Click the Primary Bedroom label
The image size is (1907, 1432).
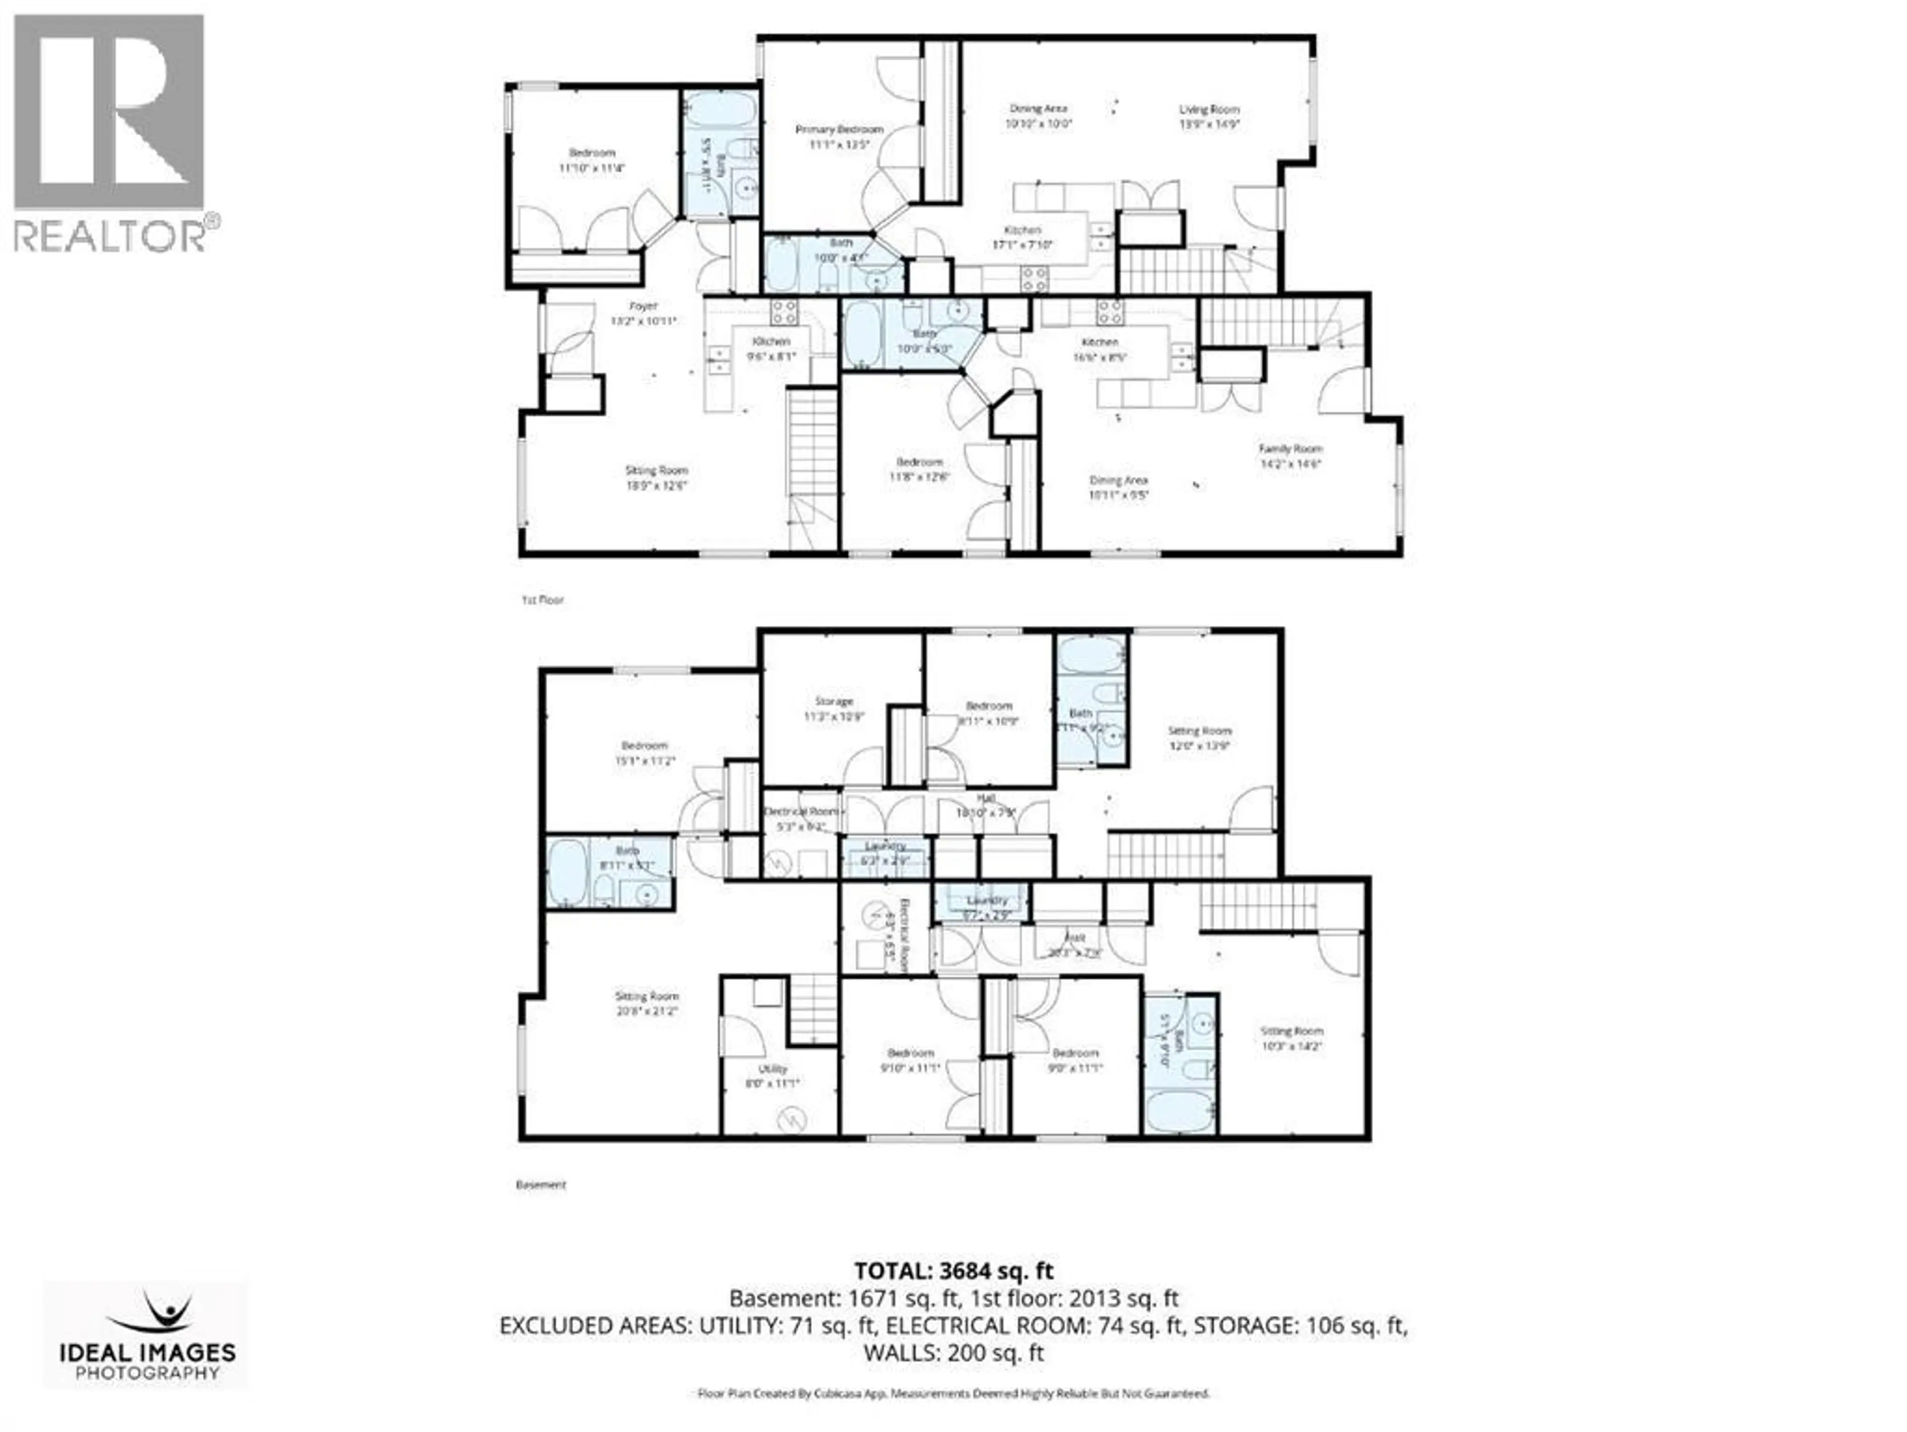tap(839, 129)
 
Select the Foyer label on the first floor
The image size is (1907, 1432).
tap(643, 306)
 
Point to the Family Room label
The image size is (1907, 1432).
tap(1290, 449)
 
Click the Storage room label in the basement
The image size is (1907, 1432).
tap(834, 702)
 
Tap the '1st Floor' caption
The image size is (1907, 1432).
tap(542, 600)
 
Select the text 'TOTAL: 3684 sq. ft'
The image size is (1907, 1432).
tap(953, 1271)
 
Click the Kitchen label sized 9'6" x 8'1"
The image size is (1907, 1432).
tap(771, 341)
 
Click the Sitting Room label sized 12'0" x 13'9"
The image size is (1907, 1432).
tap(1199, 731)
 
